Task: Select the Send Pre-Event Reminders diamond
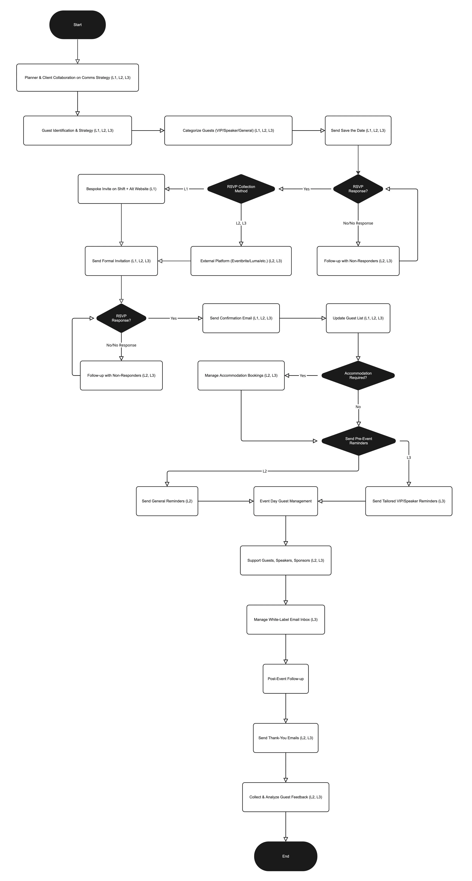pos(359,441)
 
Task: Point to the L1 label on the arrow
pos(186,189)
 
